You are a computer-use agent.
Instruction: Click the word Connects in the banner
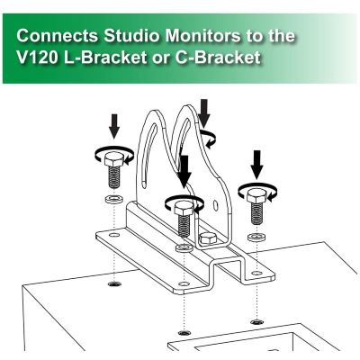[x=58, y=36]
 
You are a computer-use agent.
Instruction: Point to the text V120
[x=37, y=57]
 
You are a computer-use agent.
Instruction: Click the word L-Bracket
[x=104, y=57]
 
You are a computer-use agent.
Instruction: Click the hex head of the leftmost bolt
[x=114, y=159]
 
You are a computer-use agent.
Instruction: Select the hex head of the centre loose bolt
[x=184, y=208]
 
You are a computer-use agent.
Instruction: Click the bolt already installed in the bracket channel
[x=208, y=238]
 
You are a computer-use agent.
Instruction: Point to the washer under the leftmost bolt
[x=114, y=199]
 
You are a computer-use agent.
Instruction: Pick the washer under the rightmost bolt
[x=257, y=237]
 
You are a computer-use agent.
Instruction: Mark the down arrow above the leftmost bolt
[x=114, y=126]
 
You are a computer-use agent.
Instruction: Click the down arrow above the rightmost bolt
[x=257, y=165]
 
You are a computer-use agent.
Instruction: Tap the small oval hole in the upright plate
[x=215, y=206]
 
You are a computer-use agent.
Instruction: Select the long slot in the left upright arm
[x=149, y=155]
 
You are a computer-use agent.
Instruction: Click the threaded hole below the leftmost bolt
[x=114, y=283]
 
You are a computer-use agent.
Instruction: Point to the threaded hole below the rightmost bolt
[x=257, y=322]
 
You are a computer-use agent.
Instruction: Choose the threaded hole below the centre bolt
[x=184, y=332]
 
